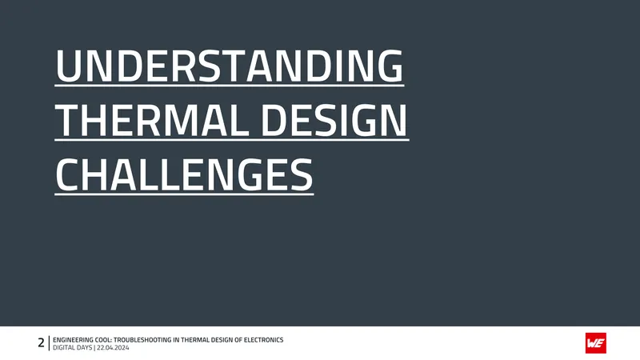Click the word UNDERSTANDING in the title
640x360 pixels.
[230, 66]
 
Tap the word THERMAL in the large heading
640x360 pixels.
[152, 120]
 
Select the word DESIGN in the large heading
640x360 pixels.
[334, 120]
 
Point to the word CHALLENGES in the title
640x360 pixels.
[184, 174]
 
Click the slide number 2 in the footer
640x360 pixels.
[41, 343]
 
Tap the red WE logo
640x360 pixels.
[595, 343]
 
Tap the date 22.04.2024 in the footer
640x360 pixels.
[113, 348]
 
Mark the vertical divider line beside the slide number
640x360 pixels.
[49, 343]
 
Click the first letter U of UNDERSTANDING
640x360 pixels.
[67, 66]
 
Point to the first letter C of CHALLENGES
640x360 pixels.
[66, 174]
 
